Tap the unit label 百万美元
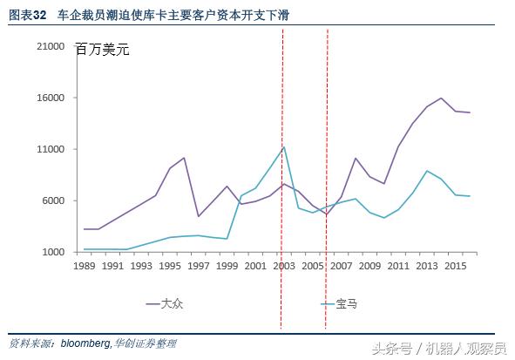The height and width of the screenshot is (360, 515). click(x=101, y=50)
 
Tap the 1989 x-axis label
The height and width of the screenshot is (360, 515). click(x=85, y=265)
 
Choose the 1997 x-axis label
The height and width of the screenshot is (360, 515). click(x=199, y=265)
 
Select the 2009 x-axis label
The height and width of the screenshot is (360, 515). click(x=369, y=265)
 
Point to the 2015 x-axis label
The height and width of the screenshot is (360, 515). click(x=455, y=265)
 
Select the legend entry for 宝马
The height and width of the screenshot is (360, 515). click(x=347, y=304)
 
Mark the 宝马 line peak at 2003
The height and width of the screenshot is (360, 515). click(x=283, y=146)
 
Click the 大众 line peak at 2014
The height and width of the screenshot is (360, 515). click(x=441, y=98)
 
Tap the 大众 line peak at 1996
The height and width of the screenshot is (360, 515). click(x=184, y=158)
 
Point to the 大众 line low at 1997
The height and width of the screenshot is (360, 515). click(x=199, y=216)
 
